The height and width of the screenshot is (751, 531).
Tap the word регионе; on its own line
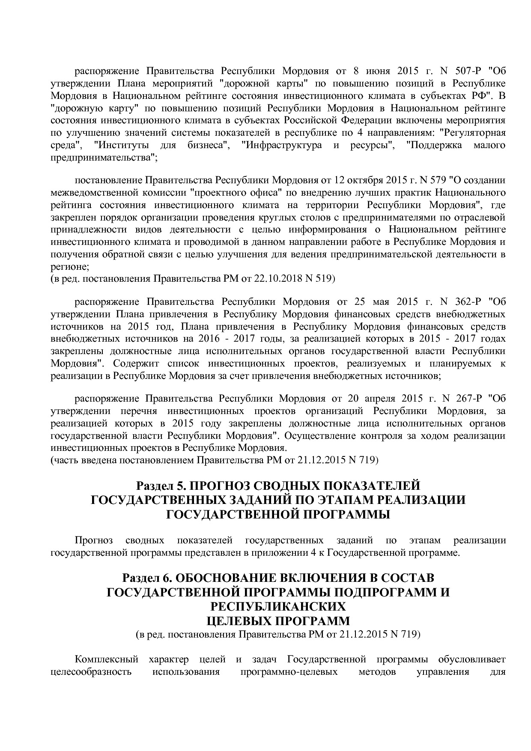coord(70,267)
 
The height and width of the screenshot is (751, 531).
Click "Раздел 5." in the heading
coord(161,486)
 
